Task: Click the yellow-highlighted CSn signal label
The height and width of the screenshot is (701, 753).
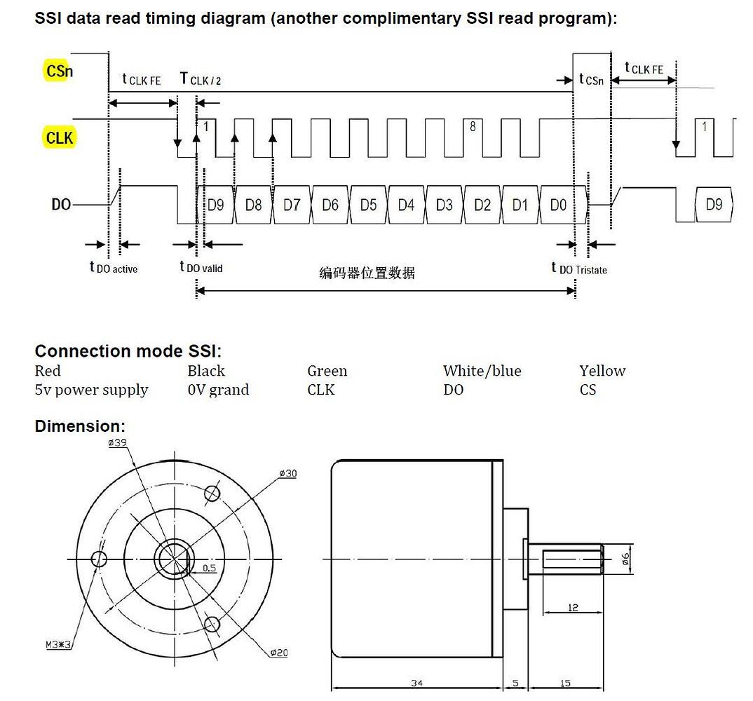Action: tap(59, 71)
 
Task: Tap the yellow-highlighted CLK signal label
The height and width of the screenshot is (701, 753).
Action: tap(59, 138)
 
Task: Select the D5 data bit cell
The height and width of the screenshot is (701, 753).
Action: tap(368, 205)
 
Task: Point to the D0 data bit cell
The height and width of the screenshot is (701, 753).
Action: tap(558, 205)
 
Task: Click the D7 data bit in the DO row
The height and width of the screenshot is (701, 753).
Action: tap(292, 205)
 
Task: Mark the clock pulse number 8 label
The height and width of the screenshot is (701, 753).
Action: tap(473, 126)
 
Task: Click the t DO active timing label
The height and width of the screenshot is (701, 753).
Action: tap(114, 267)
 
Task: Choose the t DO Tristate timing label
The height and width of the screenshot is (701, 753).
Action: tap(579, 268)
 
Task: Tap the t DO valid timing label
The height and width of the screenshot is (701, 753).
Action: tap(201, 266)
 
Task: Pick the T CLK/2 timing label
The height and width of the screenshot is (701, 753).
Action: tap(201, 79)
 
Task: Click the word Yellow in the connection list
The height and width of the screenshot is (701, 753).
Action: tap(602, 371)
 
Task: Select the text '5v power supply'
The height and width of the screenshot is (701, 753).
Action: tap(91, 390)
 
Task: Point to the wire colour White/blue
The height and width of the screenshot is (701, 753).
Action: tap(482, 371)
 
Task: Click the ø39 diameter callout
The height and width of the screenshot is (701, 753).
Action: tap(118, 443)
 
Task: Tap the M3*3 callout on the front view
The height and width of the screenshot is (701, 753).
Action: tap(58, 644)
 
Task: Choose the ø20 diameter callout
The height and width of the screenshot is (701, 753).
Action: tap(278, 653)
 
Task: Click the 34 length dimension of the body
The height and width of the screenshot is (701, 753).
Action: tap(417, 683)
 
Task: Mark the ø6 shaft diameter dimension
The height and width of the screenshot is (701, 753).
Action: tap(625, 559)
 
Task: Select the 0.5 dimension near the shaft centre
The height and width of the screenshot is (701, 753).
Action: tap(210, 568)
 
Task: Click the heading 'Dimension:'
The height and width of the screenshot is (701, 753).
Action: tap(80, 426)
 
